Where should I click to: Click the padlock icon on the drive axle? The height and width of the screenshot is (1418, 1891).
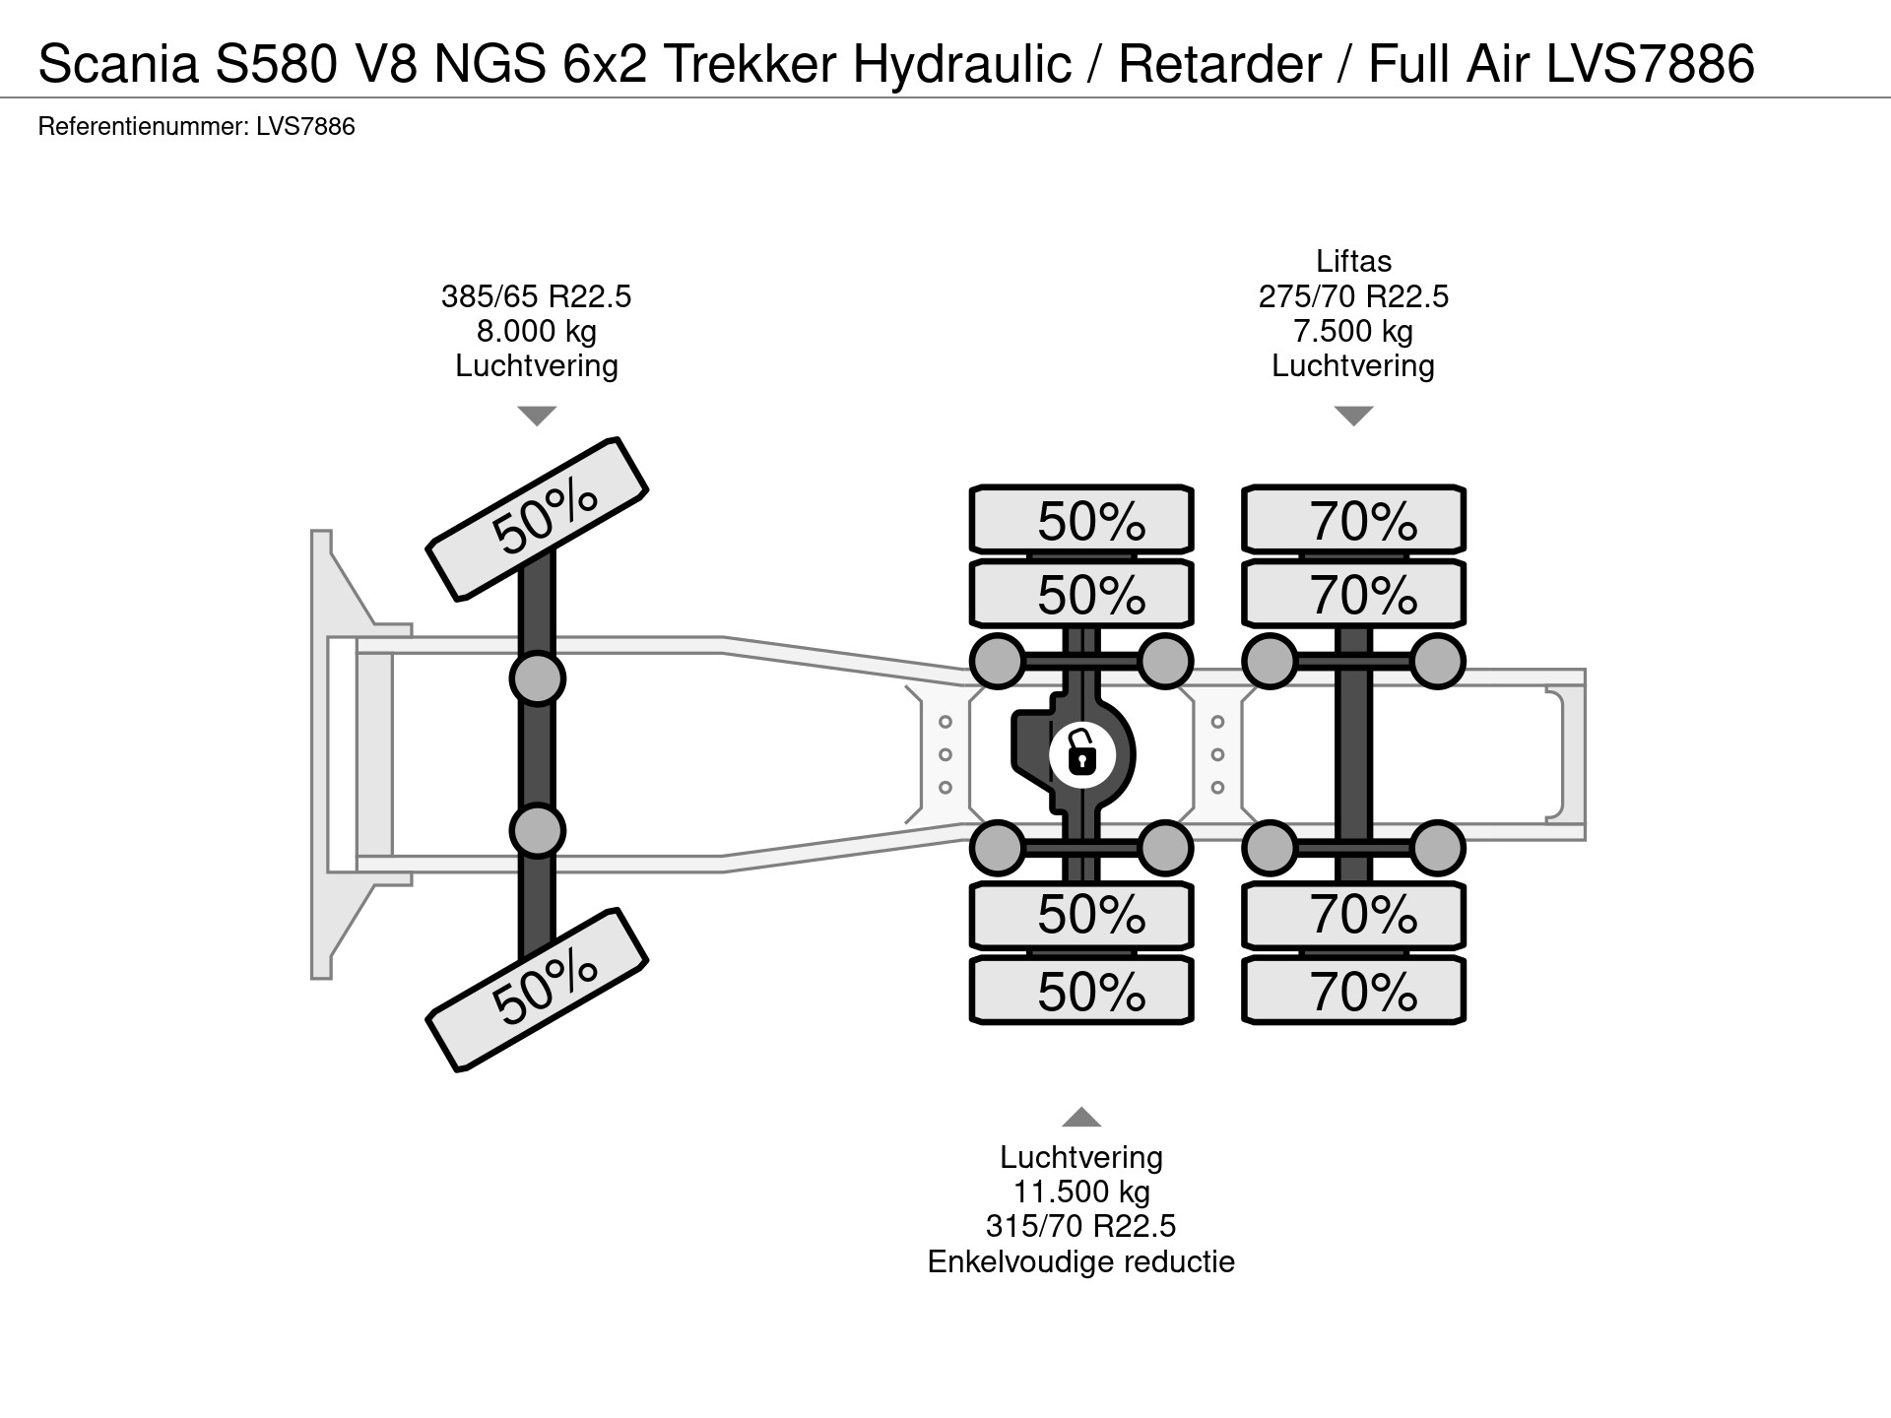pyautogui.click(x=1081, y=755)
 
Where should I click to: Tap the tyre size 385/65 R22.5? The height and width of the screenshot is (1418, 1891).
pyautogui.click(x=536, y=296)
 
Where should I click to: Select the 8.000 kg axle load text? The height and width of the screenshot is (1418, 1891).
pyautogui.click(x=536, y=331)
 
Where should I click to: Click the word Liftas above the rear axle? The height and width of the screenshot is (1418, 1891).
pyautogui.click(x=1353, y=261)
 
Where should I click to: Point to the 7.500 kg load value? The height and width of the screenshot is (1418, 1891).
pyautogui.click(x=1353, y=331)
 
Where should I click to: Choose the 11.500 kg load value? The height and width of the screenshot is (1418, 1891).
pyautogui.click(x=1081, y=1192)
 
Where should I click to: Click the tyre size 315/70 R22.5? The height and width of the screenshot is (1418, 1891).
pyautogui.click(x=1081, y=1226)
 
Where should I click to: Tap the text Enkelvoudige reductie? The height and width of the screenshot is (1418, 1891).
pyautogui.click(x=1081, y=1261)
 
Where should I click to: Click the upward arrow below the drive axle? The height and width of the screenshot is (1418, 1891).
pyautogui.click(x=1081, y=1117)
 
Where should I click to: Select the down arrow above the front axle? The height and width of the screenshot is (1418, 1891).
pyautogui.click(x=537, y=416)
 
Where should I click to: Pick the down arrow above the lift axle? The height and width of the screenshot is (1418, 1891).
pyautogui.click(x=1353, y=416)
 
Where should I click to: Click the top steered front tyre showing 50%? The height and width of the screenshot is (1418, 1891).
pyautogui.click(x=537, y=518)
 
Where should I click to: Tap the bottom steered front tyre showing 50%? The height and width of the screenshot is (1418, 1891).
pyautogui.click(x=537, y=989)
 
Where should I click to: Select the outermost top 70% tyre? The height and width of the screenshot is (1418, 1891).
pyautogui.click(x=1353, y=520)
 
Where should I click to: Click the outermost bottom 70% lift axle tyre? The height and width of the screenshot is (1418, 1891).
pyautogui.click(x=1353, y=991)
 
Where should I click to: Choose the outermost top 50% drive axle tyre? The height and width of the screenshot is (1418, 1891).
pyautogui.click(x=1081, y=520)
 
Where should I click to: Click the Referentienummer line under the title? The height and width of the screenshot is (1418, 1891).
pyautogui.click(x=197, y=126)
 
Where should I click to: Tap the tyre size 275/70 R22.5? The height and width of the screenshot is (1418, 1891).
pyautogui.click(x=1353, y=296)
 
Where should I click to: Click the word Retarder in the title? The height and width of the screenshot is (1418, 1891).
pyautogui.click(x=1219, y=64)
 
